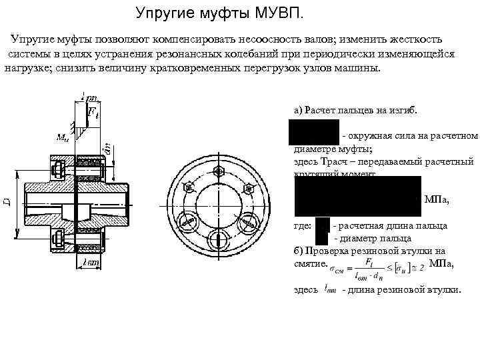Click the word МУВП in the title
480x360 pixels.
click(275, 13)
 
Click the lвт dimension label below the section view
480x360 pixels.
click(91, 262)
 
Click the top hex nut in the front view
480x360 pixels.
click(217, 173)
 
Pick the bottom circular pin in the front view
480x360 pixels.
click(217, 240)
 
